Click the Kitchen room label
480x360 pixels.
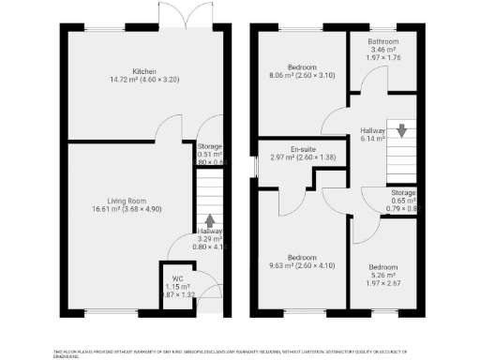(x=143, y=71)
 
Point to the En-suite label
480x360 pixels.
(x=302, y=148)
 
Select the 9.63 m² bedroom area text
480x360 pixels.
(x=301, y=267)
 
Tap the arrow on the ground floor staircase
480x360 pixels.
(x=209, y=219)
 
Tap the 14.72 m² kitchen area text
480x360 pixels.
(x=143, y=81)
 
